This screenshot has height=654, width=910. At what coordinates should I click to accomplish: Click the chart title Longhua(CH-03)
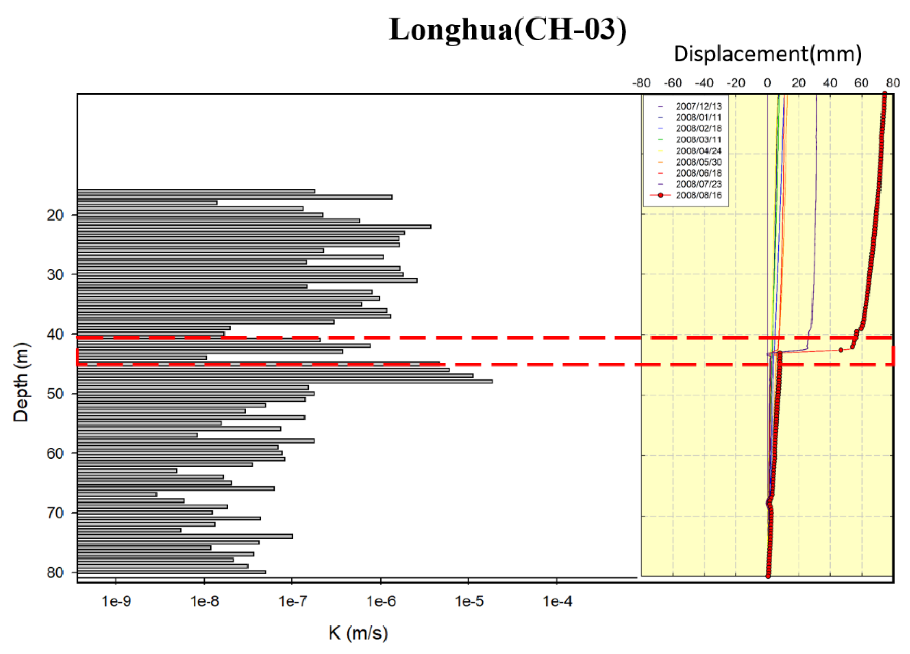coord(508,30)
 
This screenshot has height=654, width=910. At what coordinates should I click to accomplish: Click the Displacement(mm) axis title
coord(767,54)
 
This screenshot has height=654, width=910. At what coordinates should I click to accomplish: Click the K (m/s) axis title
coord(358,633)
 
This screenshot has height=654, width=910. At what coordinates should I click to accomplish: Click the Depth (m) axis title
coord(21,382)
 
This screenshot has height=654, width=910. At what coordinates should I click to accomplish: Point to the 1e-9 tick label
coord(116,601)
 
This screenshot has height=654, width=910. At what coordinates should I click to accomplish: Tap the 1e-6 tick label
coord(381,601)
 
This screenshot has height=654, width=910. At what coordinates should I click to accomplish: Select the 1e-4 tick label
coord(557,601)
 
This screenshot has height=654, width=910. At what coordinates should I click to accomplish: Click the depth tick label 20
coord(55,215)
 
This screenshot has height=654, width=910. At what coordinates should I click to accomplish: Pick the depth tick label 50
coord(55,394)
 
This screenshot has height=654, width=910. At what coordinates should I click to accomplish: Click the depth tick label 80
coord(55,573)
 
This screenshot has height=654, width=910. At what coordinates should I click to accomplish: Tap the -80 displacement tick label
coord(641,83)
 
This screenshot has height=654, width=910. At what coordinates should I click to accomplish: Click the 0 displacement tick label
coord(767,83)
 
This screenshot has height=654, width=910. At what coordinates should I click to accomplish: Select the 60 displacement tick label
coord(862,83)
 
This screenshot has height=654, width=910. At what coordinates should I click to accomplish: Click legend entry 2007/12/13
coord(698,106)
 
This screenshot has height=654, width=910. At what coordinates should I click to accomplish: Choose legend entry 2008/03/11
coord(698,140)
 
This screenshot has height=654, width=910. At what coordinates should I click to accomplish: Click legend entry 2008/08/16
coord(698,195)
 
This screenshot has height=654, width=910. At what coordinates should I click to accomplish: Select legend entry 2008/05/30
coord(698,162)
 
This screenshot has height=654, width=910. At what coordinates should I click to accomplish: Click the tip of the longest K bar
coord(492,381)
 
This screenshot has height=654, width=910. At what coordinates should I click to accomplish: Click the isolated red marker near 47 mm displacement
coord(841,350)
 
